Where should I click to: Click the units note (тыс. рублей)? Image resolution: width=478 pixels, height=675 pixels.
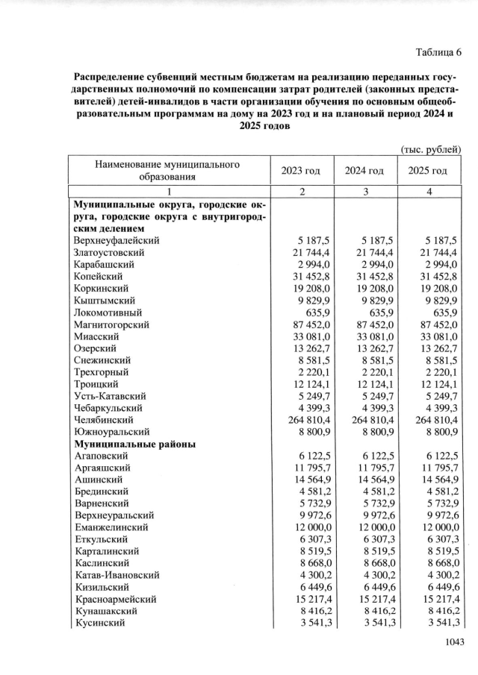coord(432,149)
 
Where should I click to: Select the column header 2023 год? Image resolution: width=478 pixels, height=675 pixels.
coord(300,171)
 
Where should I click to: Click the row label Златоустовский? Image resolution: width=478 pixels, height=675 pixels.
coord(109,253)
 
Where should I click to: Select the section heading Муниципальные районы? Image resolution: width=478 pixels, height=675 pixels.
coord(135,444)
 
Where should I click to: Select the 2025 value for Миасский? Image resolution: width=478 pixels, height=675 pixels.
coord(436,336)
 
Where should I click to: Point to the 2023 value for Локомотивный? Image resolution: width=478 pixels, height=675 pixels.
coord(317,313)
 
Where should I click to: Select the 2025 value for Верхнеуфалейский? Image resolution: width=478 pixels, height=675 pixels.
coord(439,241)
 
